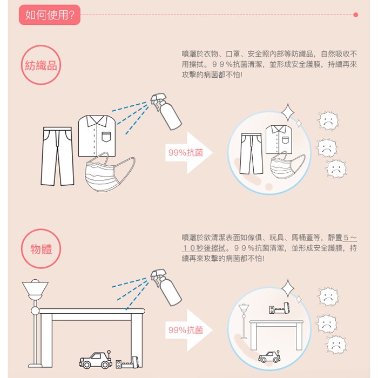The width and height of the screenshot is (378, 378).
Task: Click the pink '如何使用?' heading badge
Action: (x=50, y=15)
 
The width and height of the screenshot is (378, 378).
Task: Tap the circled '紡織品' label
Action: (x=41, y=65)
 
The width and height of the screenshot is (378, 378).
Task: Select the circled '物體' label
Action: (x=41, y=248)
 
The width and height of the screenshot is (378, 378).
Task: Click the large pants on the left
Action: (x=57, y=156)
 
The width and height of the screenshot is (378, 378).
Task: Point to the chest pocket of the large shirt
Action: (x=106, y=137)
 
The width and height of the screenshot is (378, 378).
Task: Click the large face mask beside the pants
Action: (x=109, y=172)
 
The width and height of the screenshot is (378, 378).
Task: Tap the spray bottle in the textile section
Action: (x=166, y=112)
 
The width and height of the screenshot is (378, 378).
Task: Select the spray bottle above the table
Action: (x=166, y=288)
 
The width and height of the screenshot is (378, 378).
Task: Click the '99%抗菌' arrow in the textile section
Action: (x=188, y=153)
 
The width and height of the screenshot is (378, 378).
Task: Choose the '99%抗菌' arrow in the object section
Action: (x=188, y=330)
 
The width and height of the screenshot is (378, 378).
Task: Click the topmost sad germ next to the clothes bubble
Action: (x=327, y=120)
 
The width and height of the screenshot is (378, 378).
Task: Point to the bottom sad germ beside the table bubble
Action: (x=336, y=345)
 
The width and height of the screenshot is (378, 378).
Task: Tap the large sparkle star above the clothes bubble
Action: (x=288, y=112)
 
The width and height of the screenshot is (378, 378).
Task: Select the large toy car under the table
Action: (x=96, y=360)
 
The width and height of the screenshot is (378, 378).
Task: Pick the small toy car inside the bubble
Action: (x=269, y=356)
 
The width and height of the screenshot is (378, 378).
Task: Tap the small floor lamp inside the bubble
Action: (x=244, y=321)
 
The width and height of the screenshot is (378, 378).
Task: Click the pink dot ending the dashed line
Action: (x=355, y=15)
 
